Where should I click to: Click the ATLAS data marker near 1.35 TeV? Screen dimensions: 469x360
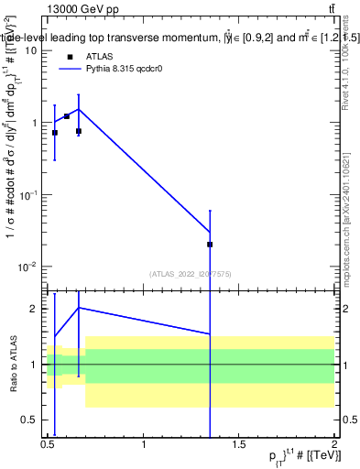(x=211, y=245)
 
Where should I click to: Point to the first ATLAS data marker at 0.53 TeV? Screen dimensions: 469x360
(x=55, y=133)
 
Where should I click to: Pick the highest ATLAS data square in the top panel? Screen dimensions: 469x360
(x=67, y=116)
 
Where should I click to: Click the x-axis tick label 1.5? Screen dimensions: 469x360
(x=239, y=445)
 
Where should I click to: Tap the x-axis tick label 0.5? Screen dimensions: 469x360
(x=49, y=445)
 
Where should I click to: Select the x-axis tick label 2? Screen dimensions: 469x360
(x=334, y=445)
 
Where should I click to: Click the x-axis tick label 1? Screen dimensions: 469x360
(x=144, y=445)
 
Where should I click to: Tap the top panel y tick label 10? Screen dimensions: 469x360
(x=31, y=50)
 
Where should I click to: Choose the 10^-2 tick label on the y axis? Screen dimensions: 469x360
(x=27, y=267)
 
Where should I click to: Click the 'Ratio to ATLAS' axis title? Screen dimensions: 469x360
(x=12, y=364)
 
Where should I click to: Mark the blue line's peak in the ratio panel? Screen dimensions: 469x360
(x=79, y=308)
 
